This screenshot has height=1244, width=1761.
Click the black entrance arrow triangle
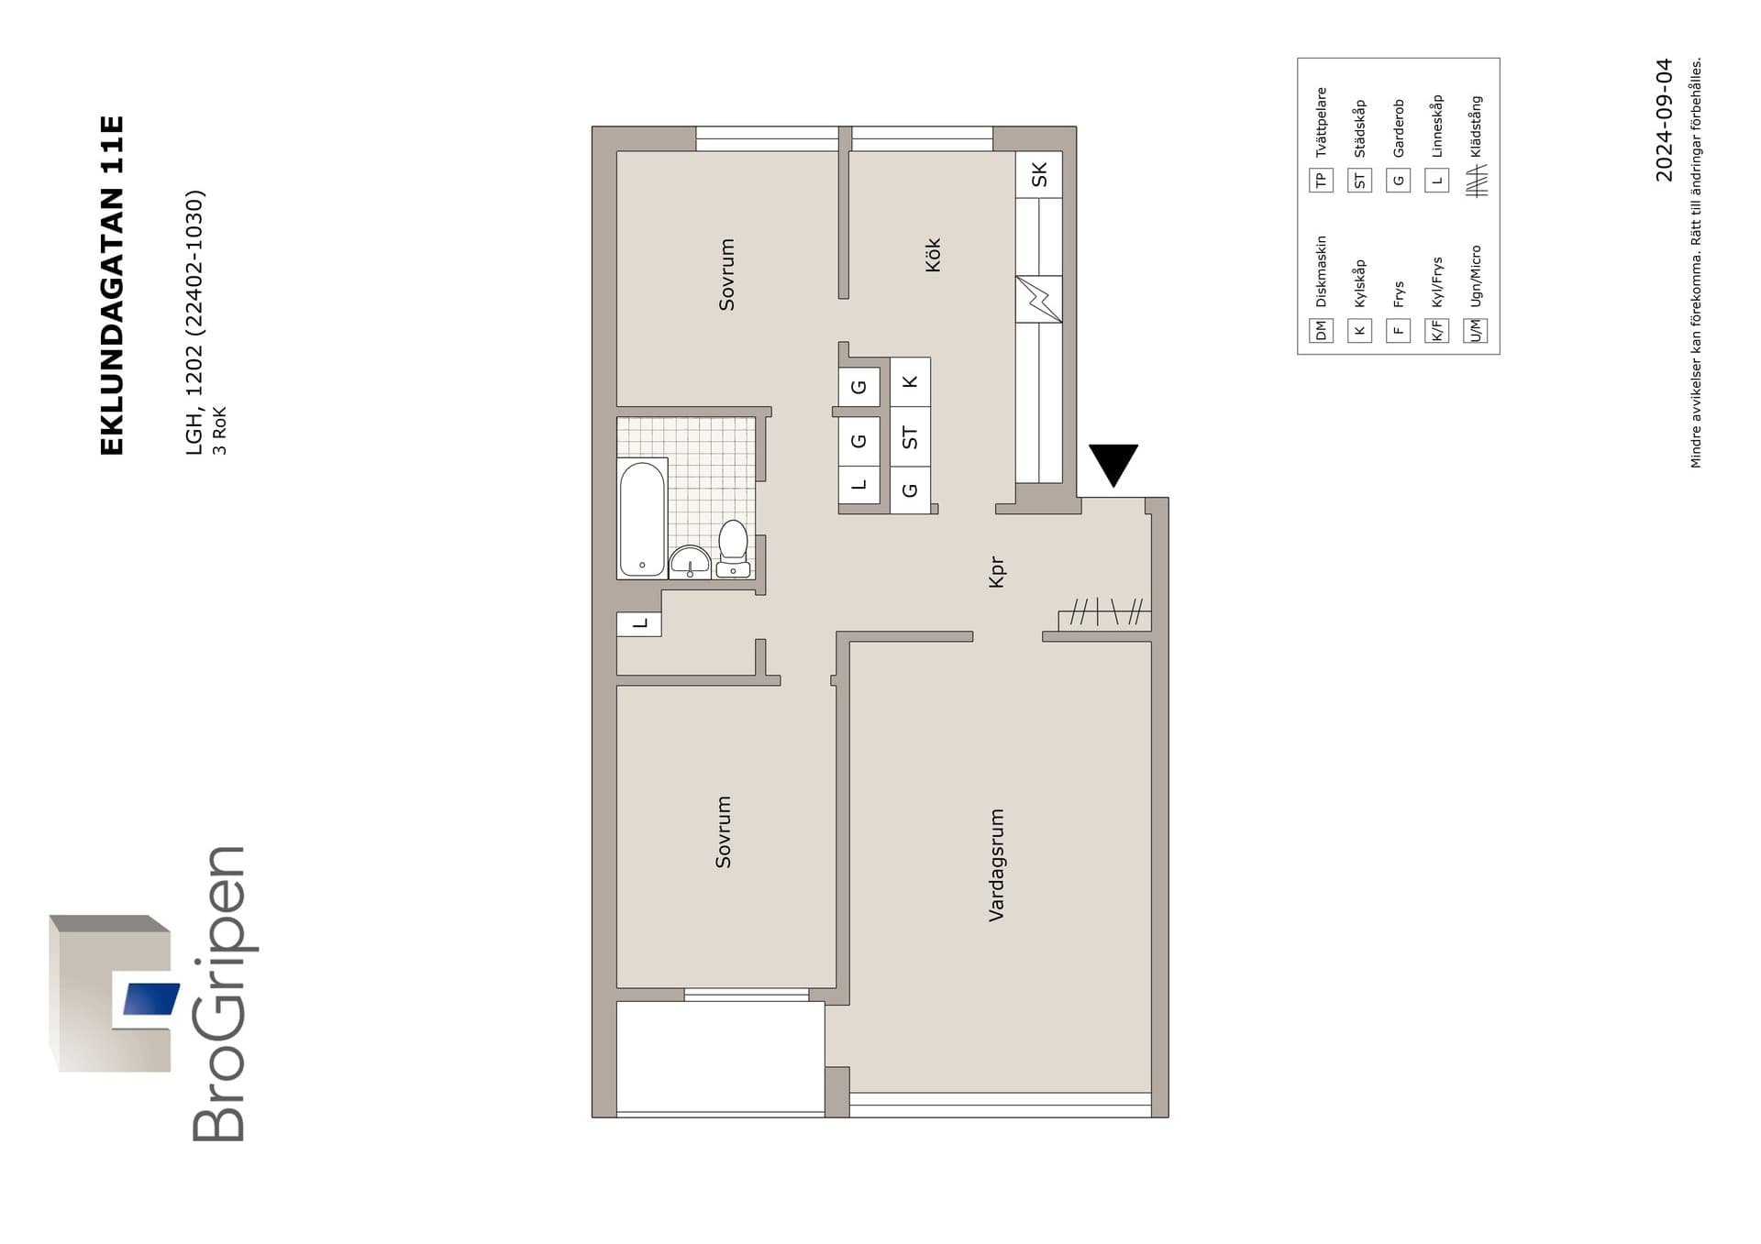(1113, 464)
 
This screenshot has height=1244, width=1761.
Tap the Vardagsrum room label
(997, 864)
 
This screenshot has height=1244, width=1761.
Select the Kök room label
(933, 255)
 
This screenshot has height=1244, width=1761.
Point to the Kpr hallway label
(997, 572)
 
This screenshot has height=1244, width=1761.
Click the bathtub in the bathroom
(642, 518)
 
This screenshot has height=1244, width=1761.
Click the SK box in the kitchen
(1038, 174)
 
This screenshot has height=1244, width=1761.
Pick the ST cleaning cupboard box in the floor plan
(910, 437)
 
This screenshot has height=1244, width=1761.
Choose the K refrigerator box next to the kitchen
(910, 381)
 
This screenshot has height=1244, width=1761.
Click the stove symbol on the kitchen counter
(1038, 299)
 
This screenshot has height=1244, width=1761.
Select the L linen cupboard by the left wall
(639, 623)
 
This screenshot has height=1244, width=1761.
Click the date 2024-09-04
(1664, 120)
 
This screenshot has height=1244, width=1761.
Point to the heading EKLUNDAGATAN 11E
(111, 285)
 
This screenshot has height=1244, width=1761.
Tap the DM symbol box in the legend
(1321, 330)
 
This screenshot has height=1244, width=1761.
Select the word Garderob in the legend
(1398, 128)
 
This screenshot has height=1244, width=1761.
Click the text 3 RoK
(219, 430)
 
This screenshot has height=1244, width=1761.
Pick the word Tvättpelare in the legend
(1321, 122)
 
